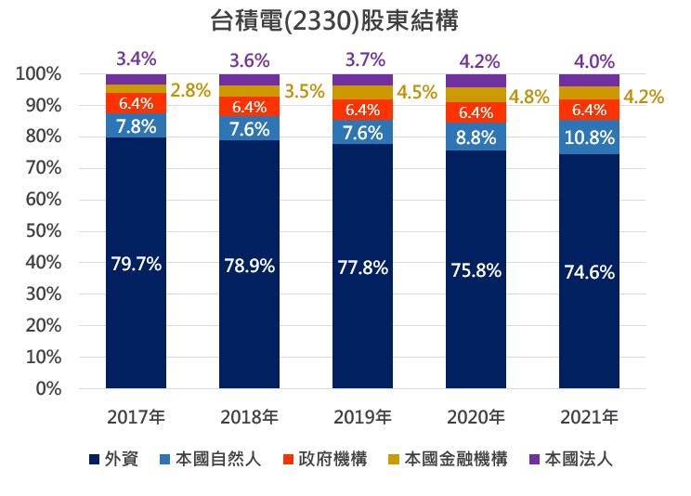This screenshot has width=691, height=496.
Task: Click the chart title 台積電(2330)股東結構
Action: [345, 20]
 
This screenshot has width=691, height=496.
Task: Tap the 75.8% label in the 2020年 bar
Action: [476, 271]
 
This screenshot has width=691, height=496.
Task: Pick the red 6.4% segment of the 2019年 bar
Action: [362, 110]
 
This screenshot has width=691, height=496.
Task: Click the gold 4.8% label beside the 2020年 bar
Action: [529, 96]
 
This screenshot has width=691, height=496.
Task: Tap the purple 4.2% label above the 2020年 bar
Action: [479, 62]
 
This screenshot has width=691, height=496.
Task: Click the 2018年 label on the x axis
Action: [249, 415]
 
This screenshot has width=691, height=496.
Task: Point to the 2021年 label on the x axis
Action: [589, 415]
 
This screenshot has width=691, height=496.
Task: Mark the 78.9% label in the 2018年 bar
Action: [249, 266]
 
